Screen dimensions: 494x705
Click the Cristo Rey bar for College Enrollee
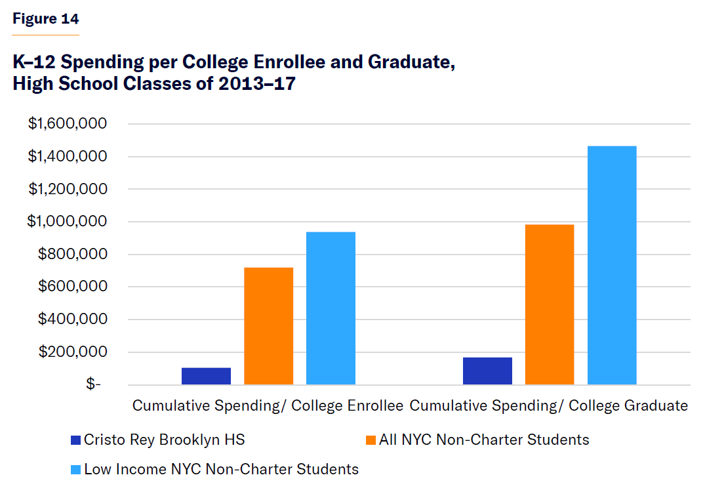point(206,376)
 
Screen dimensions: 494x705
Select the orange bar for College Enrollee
point(268,326)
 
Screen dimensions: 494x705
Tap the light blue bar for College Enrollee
point(331,308)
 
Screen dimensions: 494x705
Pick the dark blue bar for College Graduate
point(487,371)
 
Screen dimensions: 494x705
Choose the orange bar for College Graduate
point(550,304)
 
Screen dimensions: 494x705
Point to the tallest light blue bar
point(612,265)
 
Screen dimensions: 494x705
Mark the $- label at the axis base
point(94,385)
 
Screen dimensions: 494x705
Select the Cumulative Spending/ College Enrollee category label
point(268,405)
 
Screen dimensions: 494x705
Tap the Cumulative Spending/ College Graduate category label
point(549,405)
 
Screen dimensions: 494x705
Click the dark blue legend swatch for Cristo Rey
point(76,440)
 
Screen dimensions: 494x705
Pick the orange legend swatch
point(371,440)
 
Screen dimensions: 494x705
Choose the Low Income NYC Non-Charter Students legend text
point(221,469)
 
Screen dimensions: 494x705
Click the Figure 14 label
point(45,18)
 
